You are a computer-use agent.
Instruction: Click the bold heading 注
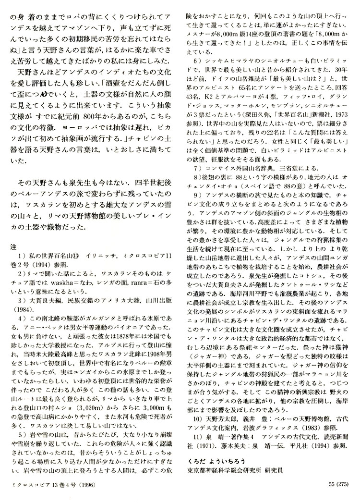(13, 246)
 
